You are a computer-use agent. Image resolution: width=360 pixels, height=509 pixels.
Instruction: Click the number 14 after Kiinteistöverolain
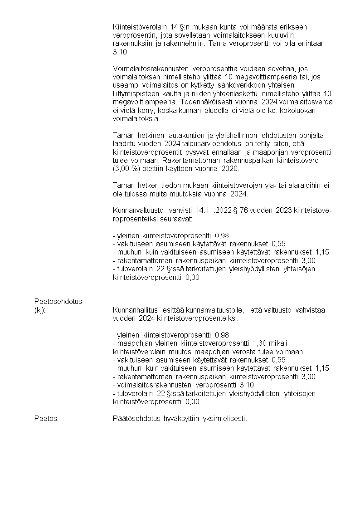point(175,28)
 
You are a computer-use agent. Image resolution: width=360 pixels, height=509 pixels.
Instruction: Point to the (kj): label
point(40,310)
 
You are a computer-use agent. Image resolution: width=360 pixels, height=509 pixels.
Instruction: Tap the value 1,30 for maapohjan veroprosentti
point(260,343)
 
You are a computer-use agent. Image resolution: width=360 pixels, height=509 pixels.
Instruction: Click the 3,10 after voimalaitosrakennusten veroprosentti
point(246,385)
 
